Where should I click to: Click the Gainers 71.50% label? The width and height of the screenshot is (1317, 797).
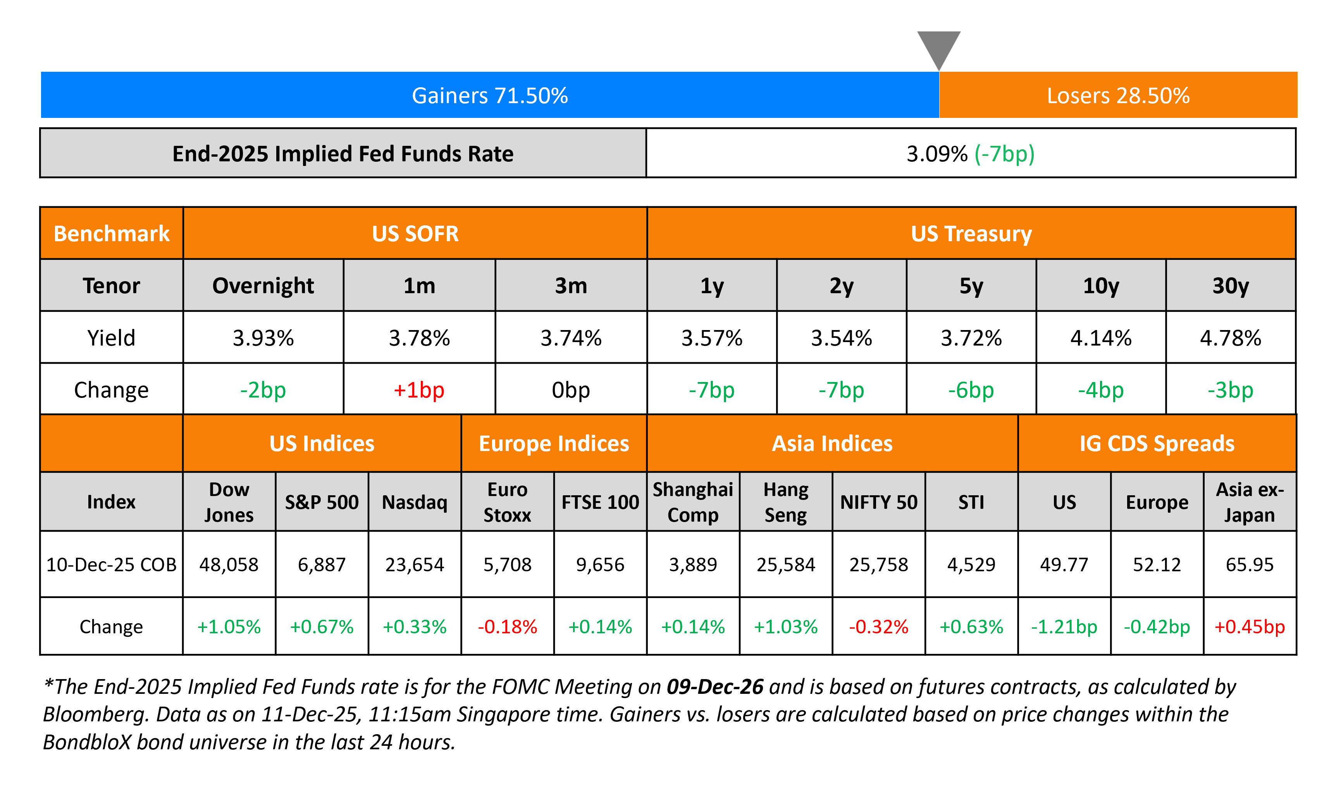coord(490,96)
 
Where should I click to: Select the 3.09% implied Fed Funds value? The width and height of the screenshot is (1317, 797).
coord(937,154)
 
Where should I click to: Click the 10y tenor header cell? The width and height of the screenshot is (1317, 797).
coord(1100,285)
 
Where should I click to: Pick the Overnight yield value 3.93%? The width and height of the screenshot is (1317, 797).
coord(263,338)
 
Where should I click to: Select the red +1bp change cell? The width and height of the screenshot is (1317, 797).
coord(419,390)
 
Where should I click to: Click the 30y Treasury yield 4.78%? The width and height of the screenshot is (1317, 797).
coord(1231,338)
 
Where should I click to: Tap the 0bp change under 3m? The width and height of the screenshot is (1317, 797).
coord(571,390)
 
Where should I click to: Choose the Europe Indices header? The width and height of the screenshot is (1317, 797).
coord(554,443)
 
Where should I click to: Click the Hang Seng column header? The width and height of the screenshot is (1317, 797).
coord(786,502)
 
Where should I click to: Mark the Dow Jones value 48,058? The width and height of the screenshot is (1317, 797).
coord(229,564)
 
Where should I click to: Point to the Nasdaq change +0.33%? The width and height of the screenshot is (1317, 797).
coord(415,626)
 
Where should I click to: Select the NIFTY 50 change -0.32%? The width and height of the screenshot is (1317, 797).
coord(879,626)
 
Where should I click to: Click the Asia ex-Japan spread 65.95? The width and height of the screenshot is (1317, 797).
coord(1250,564)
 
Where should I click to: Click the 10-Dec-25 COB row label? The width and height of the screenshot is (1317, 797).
coord(111,564)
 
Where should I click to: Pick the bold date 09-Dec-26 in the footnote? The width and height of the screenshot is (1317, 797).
coord(714,687)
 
